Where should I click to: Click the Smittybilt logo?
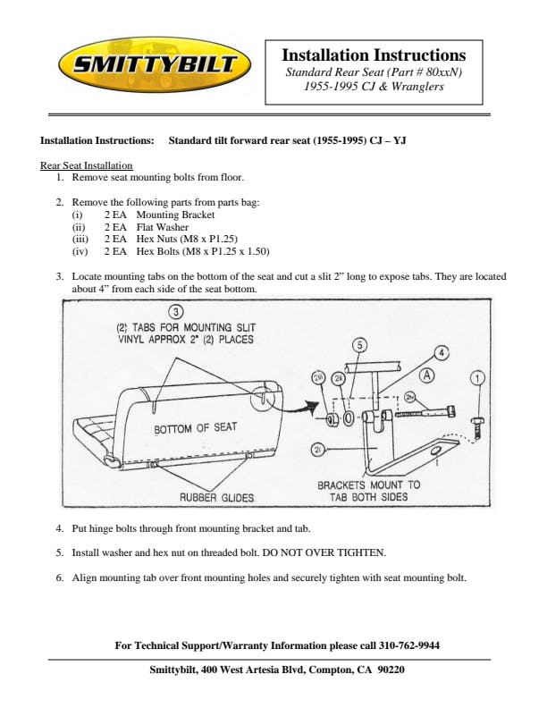tap(148, 64)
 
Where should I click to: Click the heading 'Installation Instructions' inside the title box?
tap(374, 55)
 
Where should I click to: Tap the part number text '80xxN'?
tap(440, 72)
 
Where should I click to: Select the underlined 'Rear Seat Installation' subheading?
tap(87, 165)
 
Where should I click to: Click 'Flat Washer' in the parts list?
tap(163, 227)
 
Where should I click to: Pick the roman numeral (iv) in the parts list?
tap(80, 251)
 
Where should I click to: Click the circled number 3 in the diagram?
tap(177, 312)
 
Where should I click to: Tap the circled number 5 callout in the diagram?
tap(359, 344)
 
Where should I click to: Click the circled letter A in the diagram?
tap(428, 376)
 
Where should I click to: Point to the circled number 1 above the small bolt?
tap(479, 377)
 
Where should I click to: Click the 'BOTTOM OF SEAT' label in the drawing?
tap(196, 428)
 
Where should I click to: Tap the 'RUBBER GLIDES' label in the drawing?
tap(217, 497)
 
